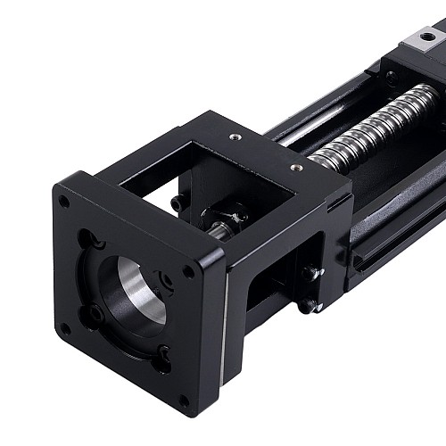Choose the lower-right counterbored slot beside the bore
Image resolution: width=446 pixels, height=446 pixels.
click(x=163, y=354)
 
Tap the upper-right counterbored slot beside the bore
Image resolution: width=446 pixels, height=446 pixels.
click(x=167, y=280)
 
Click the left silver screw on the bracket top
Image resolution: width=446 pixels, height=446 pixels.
click(x=235, y=137)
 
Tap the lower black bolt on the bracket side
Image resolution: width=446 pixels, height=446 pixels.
click(x=308, y=305)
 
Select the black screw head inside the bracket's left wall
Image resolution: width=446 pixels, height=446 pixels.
click(x=178, y=203)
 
